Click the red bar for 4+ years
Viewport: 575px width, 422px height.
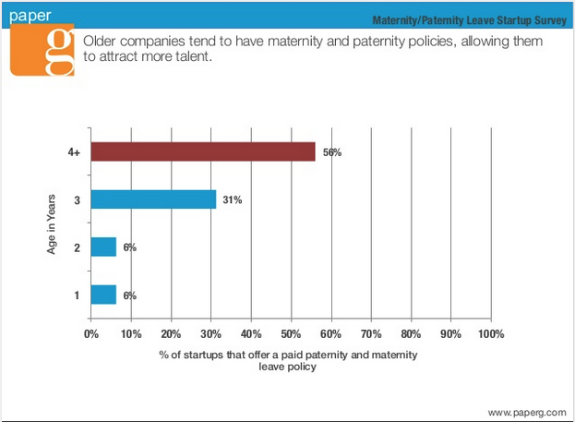(203, 152)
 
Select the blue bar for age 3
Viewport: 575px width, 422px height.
(153, 199)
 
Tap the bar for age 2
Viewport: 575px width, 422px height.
(103, 247)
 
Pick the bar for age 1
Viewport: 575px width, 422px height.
(103, 295)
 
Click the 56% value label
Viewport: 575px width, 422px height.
(331, 152)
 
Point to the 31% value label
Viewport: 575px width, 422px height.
(232, 199)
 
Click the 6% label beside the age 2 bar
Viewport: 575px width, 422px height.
(130, 247)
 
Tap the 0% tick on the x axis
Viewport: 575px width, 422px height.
(91, 333)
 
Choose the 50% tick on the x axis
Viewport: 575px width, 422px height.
(291, 333)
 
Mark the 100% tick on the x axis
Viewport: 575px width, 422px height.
(491, 333)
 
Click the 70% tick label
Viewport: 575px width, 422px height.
(371, 333)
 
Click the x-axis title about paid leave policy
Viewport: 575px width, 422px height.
(290, 361)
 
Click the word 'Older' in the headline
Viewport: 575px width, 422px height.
(100, 42)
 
